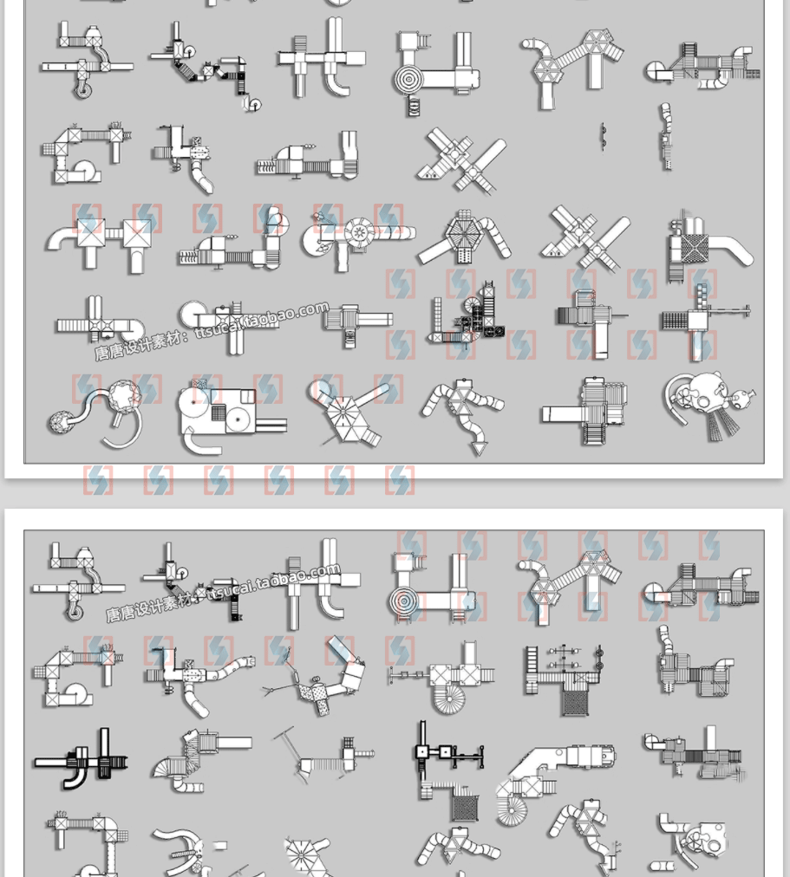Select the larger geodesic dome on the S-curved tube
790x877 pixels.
pyautogui.click(x=122, y=397)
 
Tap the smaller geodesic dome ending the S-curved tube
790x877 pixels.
pyautogui.click(x=62, y=424)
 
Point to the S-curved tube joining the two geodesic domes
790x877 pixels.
pyautogui.click(x=90, y=409)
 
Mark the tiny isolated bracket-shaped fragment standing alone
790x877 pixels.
pyautogui.click(x=602, y=136)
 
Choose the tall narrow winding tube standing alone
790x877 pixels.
pyautogui.click(x=665, y=137)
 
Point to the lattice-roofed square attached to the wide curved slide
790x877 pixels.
pyautogui.click(x=691, y=249)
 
